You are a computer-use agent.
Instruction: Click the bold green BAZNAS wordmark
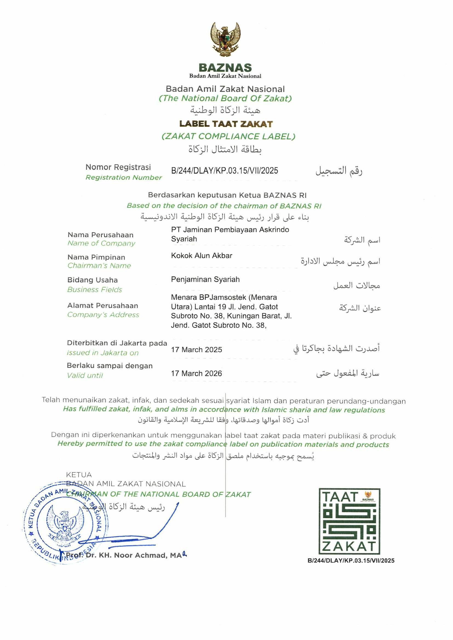tap(225, 68)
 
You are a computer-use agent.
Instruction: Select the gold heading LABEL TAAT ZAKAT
tap(226, 124)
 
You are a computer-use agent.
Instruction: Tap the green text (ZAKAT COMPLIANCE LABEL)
tap(228, 136)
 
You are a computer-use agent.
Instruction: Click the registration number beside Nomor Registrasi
tap(225, 171)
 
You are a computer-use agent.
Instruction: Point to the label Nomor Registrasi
tap(118, 167)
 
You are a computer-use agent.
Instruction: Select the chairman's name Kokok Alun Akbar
tap(201, 256)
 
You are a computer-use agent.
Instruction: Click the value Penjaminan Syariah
tap(205, 279)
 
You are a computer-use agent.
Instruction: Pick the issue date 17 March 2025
tap(196, 350)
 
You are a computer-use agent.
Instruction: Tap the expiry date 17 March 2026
tap(196, 374)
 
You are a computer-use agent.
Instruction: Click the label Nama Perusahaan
tap(101, 235)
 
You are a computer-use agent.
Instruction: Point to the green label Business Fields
tap(94, 290)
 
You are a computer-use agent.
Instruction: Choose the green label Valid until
tap(85, 376)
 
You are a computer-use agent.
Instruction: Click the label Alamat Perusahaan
tap(103, 306)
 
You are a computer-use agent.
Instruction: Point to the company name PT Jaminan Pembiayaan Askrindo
tap(230, 230)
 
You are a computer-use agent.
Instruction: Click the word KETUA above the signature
tap(79, 475)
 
